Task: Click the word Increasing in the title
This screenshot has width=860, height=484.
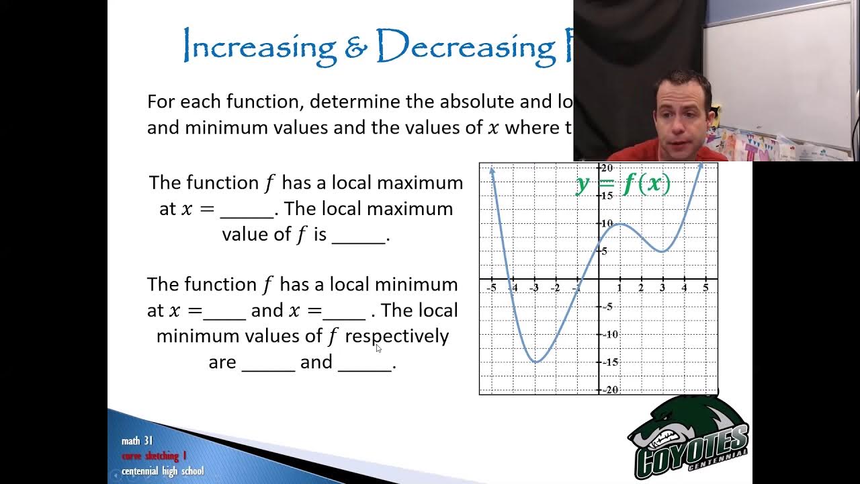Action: (259, 46)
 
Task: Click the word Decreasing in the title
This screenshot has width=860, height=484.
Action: (464, 46)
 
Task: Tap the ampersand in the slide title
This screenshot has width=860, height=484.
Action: (355, 46)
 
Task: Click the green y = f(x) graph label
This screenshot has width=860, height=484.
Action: (623, 184)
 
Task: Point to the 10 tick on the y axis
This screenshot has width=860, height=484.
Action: (607, 223)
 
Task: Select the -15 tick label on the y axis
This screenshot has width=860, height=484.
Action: (609, 362)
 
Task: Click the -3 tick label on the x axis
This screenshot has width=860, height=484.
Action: (534, 288)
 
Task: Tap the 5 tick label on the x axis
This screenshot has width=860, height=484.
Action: (705, 288)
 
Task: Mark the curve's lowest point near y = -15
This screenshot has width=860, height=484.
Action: (535, 362)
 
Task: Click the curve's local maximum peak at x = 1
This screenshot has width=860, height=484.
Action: (620, 224)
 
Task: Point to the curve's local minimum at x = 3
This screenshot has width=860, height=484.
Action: (662, 251)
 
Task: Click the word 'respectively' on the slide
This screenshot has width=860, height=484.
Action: (396, 335)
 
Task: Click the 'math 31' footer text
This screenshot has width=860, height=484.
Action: (137, 441)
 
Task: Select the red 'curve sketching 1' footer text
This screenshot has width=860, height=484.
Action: (154, 456)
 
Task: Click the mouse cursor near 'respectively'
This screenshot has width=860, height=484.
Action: (378, 348)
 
